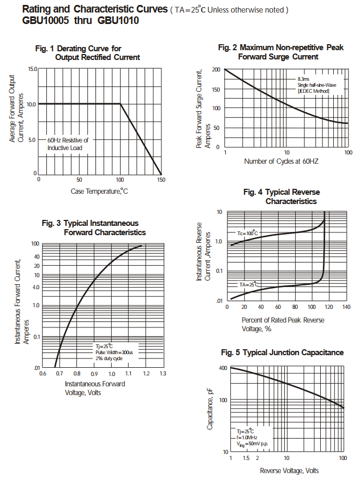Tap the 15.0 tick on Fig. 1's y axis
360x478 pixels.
31,69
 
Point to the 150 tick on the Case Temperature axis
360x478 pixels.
161,180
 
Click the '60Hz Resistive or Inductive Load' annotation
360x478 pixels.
68,144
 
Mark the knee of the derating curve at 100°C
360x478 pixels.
120,104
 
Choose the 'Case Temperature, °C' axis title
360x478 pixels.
99,191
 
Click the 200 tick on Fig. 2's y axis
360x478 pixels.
217,70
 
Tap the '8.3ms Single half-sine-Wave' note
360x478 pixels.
317,85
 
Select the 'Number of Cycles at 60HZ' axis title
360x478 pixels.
281,162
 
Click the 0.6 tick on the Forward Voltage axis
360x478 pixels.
43,374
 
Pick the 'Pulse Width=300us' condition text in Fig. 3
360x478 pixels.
114,352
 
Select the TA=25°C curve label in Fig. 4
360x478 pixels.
249,285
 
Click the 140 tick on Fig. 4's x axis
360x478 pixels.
346,307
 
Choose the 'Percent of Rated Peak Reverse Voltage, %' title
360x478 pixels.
283,324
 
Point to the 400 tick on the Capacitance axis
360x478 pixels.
223,368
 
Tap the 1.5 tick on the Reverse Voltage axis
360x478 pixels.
247,457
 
